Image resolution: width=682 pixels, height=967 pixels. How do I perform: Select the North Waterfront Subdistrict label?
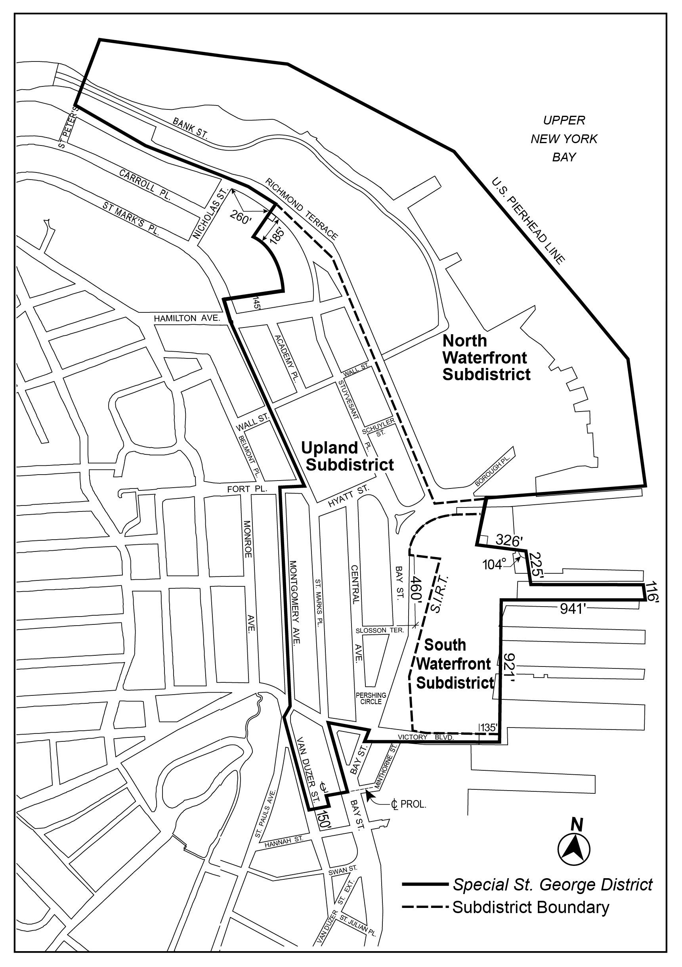pos(486,358)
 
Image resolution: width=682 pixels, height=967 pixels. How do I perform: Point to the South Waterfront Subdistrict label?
pos(455,664)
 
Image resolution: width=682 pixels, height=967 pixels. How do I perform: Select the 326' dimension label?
pos(508,540)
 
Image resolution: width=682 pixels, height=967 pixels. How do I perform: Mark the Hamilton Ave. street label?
pos(187,318)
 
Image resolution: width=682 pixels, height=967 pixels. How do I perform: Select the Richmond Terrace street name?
pos(302,209)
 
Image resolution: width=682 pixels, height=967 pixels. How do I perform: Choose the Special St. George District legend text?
pos(552,885)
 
